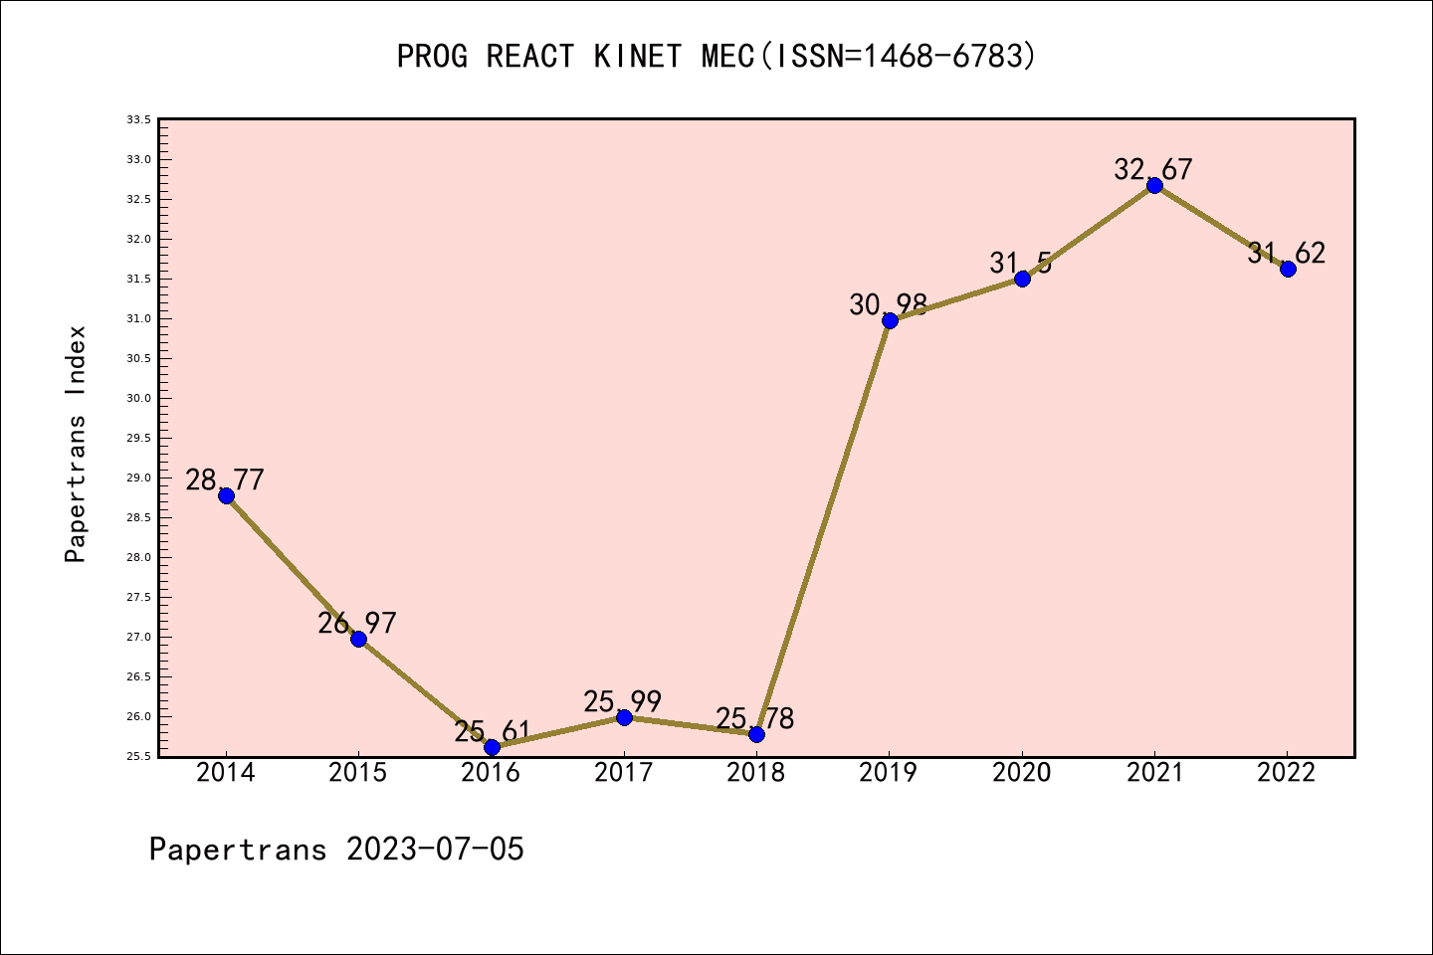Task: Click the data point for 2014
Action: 226,495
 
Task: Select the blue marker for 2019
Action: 890,320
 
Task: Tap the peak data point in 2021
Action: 1154,185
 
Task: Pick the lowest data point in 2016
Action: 492,747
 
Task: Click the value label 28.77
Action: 225,479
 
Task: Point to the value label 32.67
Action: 1153,169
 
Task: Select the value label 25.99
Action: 623,701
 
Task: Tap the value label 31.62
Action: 1287,253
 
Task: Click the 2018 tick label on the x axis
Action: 756,772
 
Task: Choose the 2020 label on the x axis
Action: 1022,772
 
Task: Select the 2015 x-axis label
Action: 358,772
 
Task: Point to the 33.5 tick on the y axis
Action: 138,119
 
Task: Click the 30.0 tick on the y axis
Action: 138,398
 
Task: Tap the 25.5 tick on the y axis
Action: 138,756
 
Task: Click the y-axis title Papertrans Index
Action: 76,444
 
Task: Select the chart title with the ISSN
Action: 716,56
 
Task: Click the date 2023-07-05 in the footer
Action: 435,849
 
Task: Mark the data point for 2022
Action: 1288,269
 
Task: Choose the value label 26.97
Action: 357,623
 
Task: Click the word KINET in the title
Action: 638,56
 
